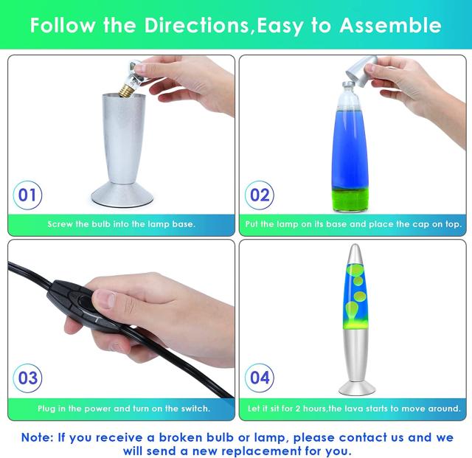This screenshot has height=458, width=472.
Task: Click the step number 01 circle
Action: click(x=27, y=195)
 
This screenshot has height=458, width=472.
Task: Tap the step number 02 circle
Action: click(x=259, y=195)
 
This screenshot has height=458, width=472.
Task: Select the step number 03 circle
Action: click(x=27, y=378)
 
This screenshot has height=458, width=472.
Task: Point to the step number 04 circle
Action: click(x=259, y=378)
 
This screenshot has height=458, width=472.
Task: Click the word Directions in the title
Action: click(x=196, y=25)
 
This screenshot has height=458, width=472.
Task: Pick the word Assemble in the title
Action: click(x=390, y=25)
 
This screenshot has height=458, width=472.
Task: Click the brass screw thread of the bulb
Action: click(x=126, y=90)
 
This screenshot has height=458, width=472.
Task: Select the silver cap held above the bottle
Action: click(x=361, y=70)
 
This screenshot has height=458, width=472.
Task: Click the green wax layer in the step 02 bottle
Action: click(x=350, y=200)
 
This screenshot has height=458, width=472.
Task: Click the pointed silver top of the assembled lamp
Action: click(x=355, y=254)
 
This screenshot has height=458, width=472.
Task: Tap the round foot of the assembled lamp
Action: click(x=357, y=388)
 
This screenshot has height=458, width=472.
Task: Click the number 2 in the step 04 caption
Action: click(x=298, y=409)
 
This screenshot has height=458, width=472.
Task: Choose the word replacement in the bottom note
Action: click(x=246, y=451)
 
